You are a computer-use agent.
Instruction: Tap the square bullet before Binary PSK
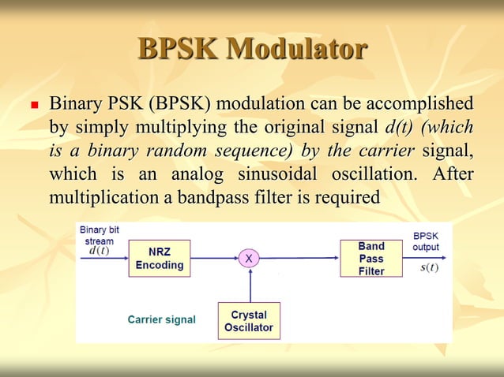(32, 105)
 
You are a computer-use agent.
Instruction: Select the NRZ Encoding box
(159, 258)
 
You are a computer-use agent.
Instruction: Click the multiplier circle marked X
(250, 258)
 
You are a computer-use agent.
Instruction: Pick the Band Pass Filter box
(370, 258)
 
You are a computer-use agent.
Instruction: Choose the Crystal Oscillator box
(249, 320)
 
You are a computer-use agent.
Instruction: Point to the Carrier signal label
(161, 319)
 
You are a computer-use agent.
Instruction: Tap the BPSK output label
(426, 241)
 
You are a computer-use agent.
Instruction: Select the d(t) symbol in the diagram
(99, 251)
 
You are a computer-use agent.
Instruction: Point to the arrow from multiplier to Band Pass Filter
(300, 258)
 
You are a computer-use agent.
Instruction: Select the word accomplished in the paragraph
(423, 105)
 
